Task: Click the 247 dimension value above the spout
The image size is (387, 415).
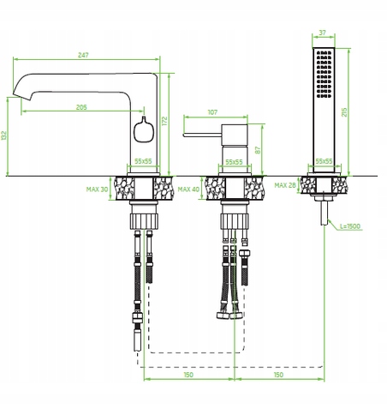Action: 83,55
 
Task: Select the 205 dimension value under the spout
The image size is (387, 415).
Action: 81,107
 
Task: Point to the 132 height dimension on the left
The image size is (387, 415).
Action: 3,135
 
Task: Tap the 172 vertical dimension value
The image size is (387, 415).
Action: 164,121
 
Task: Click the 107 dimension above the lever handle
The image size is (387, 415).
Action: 212,112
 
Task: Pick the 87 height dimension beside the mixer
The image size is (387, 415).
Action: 258,150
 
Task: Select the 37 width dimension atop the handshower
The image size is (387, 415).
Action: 323,33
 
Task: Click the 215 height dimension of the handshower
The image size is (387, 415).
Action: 344,112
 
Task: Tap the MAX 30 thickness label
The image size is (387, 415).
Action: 98,189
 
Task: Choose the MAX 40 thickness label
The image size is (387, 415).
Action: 188,189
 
